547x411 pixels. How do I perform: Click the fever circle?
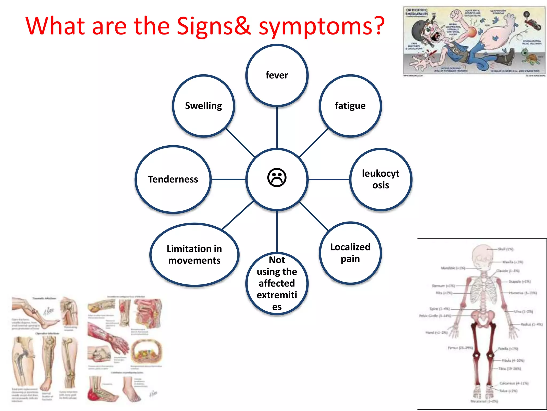click(x=277, y=75)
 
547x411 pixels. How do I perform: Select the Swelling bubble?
click(x=204, y=106)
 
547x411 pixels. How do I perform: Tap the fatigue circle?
click(x=350, y=106)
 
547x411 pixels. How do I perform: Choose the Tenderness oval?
click(x=173, y=179)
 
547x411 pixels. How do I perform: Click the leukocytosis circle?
click(x=381, y=179)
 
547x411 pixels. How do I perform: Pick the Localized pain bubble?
click(x=350, y=253)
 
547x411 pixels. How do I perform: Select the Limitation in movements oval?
click(x=194, y=254)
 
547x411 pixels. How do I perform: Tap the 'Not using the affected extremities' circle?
click(x=277, y=283)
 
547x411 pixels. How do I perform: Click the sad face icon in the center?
click(x=277, y=178)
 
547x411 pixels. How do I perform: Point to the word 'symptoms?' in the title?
click(x=322, y=26)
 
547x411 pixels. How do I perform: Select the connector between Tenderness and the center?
click(x=228, y=179)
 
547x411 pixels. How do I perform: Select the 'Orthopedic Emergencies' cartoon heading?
click(x=417, y=12)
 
